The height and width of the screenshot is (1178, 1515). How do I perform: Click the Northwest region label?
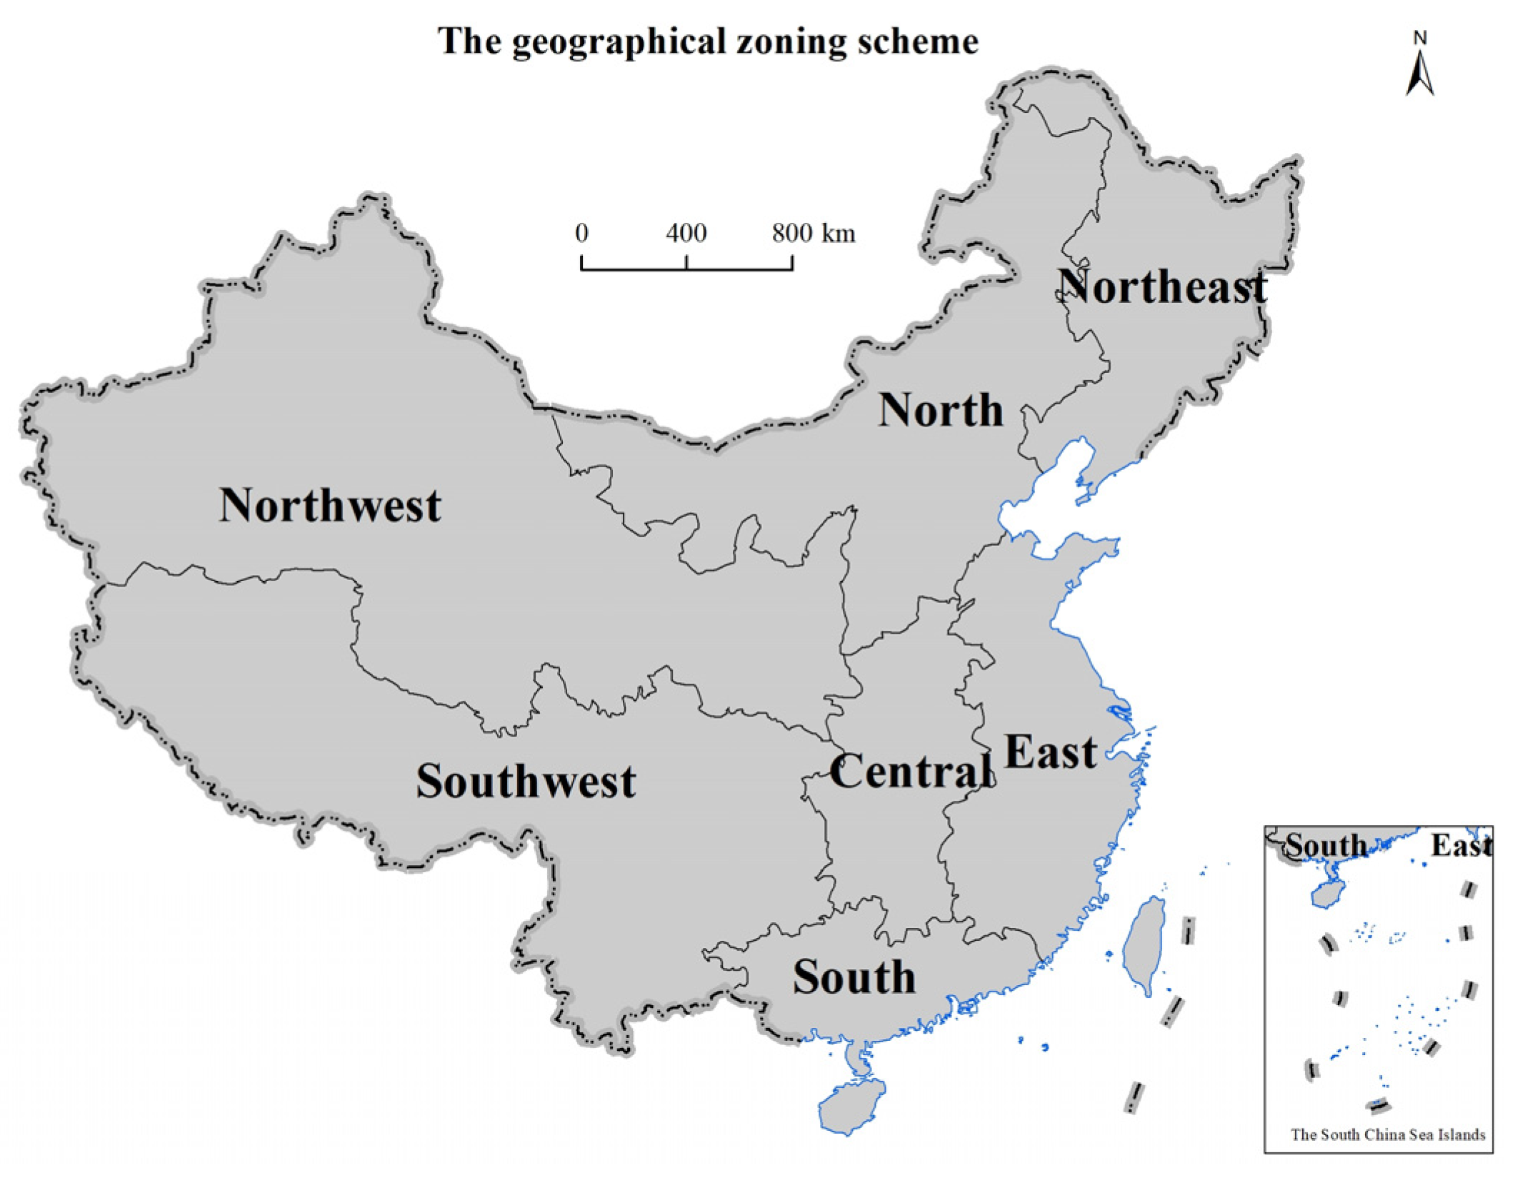329,506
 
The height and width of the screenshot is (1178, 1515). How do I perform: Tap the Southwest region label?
526,781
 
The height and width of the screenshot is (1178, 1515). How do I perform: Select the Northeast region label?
1162,286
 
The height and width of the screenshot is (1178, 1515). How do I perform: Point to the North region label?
941,410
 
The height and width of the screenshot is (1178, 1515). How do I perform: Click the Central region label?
911,772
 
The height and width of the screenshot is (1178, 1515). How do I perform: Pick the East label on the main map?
1050,752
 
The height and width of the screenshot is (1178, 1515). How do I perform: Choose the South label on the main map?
854,977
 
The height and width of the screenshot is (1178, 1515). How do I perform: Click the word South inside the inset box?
1326,846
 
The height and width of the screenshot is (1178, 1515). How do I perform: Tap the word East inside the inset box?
1461,846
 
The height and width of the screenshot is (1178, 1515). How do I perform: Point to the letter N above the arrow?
1420,38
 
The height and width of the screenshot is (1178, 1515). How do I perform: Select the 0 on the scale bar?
581,233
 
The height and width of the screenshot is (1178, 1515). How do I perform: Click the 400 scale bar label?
686,233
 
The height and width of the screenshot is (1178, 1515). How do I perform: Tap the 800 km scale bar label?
813,233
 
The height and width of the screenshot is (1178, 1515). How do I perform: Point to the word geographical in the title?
619,41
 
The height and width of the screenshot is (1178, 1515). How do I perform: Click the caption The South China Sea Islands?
1388,1134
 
